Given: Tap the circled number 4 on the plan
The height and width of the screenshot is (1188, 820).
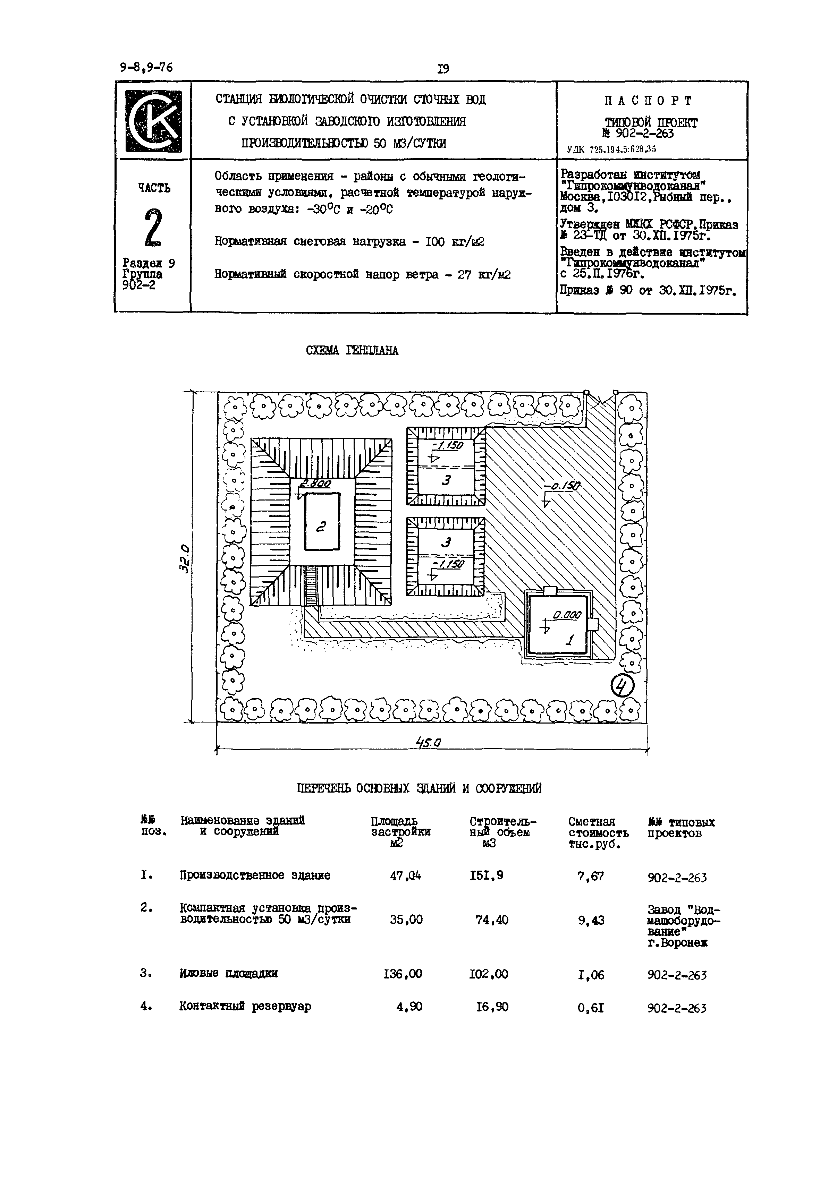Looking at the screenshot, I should point(623,686).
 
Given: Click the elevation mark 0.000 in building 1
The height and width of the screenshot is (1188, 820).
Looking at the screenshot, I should point(566,615).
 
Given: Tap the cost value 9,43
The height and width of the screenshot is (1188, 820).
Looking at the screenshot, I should point(591,921).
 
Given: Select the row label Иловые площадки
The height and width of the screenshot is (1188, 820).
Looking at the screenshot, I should point(228,973).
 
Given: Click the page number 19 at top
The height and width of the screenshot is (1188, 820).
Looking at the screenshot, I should point(443,69).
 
